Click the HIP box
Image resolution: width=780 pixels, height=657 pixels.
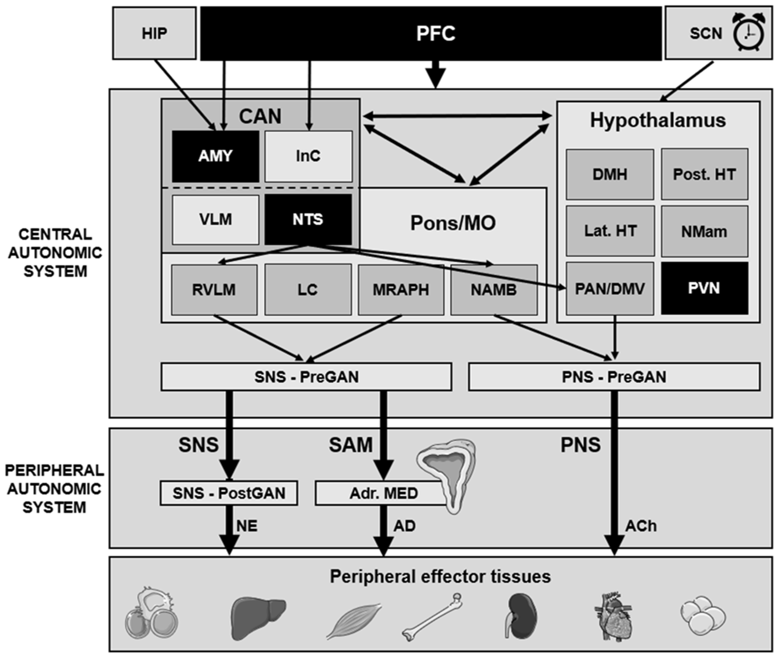pos(154,33)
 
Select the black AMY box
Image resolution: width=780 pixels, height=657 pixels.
pos(215,156)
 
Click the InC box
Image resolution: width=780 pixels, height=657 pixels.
pos(308,156)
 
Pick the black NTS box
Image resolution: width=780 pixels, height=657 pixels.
pos(308,219)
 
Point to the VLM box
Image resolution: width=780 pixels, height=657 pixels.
pos(215,219)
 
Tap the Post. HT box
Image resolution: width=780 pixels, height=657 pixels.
pos(704,174)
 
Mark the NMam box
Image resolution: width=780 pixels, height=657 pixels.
pos(704,232)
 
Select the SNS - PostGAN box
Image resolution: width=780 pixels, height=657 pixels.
pos(229,493)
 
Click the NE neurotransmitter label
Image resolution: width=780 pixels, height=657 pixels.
pos(247,526)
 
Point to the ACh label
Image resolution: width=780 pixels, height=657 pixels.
pos(641,526)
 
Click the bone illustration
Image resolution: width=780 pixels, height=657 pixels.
pos(432,616)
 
